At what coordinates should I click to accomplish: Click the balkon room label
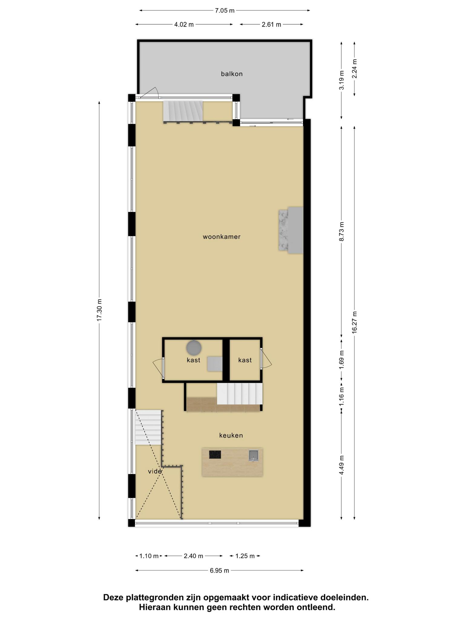click(x=232, y=74)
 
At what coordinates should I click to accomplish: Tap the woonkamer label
click(x=222, y=237)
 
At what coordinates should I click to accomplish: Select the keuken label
click(x=231, y=435)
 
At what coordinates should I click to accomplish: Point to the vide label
click(x=155, y=471)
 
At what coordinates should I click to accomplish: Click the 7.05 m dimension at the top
click(x=225, y=11)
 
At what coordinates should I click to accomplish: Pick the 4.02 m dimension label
click(x=184, y=25)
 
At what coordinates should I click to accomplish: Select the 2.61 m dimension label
click(x=271, y=25)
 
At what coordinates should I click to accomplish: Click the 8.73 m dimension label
click(x=341, y=232)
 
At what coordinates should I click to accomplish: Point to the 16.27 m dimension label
click(x=355, y=322)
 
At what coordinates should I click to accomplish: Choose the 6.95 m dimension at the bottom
click(x=219, y=571)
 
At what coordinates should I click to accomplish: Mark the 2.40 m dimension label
click(x=193, y=556)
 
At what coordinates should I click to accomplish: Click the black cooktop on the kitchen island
click(x=215, y=454)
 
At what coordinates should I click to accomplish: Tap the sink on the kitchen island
click(x=253, y=455)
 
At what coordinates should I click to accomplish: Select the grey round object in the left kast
click(x=194, y=348)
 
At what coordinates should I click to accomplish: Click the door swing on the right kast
click(x=266, y=359)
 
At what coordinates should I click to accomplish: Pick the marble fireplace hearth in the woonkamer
click(x=283, y=230)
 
